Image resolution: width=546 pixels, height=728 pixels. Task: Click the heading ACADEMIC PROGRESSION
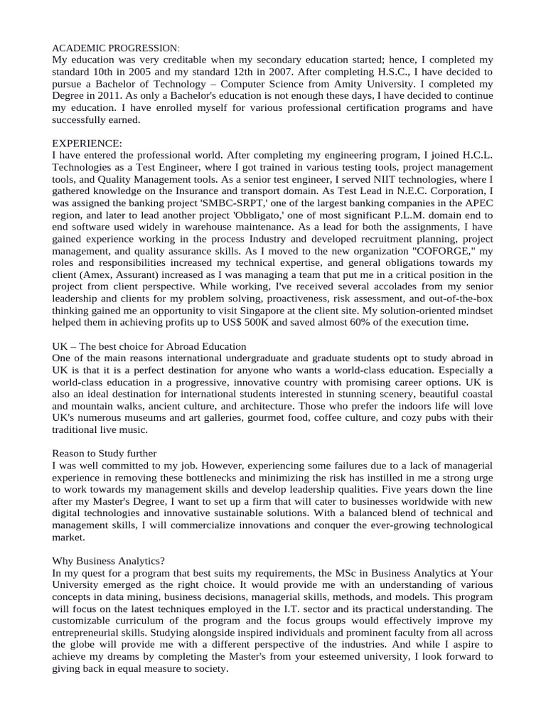pyautogui.click(x=117, y=48)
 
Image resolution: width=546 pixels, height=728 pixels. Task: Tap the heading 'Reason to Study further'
pyautogui.click(x=105, y=453)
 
